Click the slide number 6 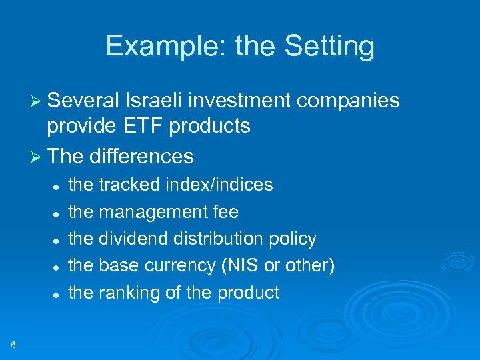pos(13,344)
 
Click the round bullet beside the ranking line pos(58,293)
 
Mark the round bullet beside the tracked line pos(58,185)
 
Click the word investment pos(239,100)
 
